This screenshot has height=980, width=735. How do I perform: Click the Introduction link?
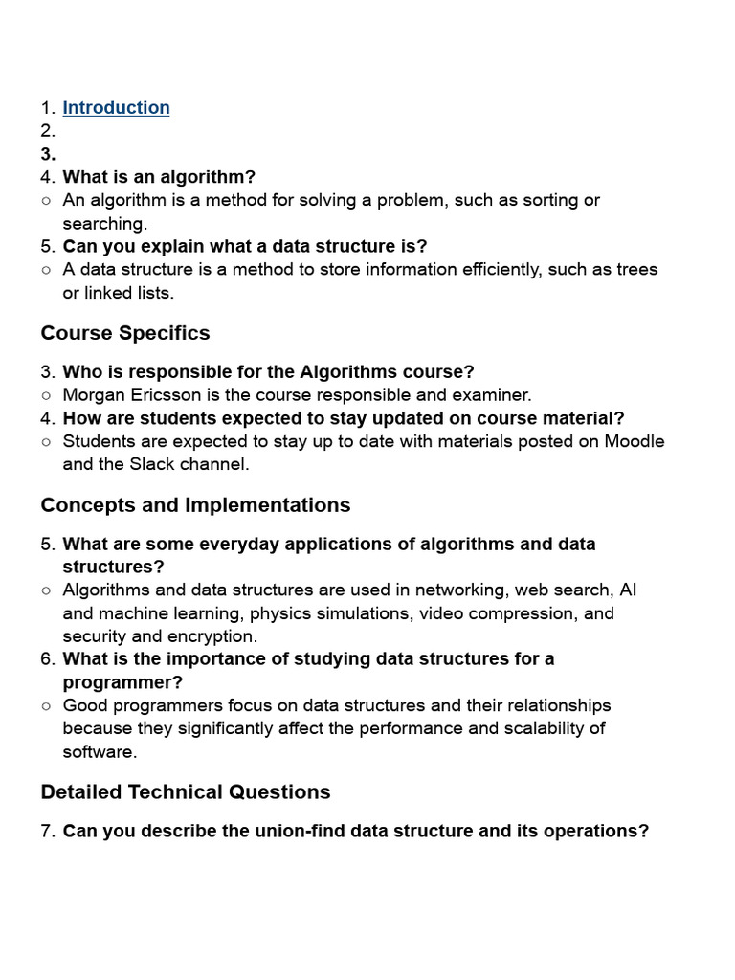coord(116,108)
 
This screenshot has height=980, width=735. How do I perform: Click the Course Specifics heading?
coord(125,333)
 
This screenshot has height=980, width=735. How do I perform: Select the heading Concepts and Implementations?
coord(195,505)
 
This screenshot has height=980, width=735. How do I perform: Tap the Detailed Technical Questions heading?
coord(186,792)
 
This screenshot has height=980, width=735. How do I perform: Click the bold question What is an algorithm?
coord(159,177)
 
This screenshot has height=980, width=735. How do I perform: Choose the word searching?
coord(103,224)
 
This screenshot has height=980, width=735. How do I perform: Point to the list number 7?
coord(48,831)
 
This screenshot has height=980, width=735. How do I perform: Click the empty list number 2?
coord(48,131)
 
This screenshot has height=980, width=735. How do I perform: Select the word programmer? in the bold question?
coord(122,682)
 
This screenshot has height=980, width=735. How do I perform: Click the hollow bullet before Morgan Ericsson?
coord(46,395)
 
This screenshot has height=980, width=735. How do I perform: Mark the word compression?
coord(522,613)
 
